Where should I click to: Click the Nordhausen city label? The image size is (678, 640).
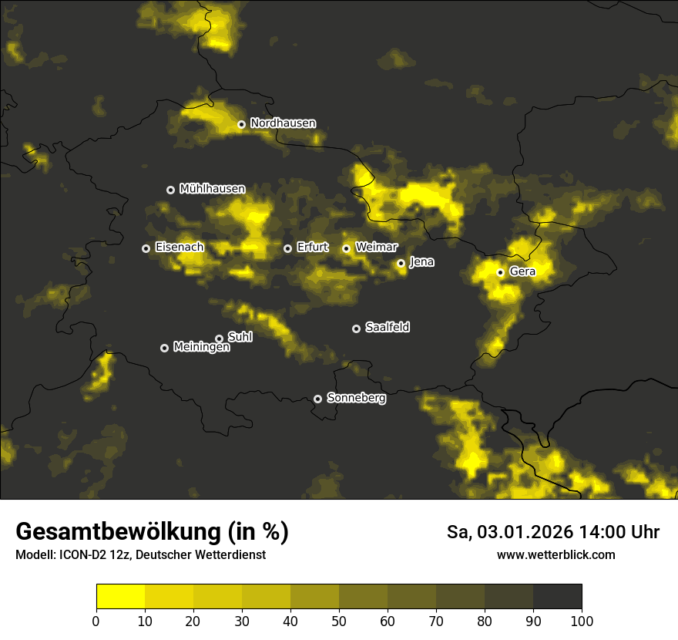click(283, 123)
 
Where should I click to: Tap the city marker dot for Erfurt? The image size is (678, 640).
click(287, 248)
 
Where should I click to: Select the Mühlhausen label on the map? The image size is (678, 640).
click(212, 189)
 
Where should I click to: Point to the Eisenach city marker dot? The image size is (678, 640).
click(146, 248)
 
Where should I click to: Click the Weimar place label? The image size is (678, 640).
click(377, 248)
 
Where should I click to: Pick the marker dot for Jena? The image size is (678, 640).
click(401, 263)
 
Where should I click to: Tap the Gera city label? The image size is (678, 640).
click(522, 271)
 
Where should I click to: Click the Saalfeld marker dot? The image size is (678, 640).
click(356, 328)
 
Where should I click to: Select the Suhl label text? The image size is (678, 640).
click(240, 337)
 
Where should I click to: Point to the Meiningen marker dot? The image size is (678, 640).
click(164, 348)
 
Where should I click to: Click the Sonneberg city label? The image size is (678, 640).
click(356, 398)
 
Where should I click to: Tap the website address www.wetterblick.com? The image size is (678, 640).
click(556, 554)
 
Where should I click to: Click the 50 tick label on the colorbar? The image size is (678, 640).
click(339, 621)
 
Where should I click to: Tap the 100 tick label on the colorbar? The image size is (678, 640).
click(582, 621)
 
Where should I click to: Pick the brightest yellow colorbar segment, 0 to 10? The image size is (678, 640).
click(120, 597)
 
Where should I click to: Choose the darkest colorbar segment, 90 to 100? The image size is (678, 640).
click(557, 597)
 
